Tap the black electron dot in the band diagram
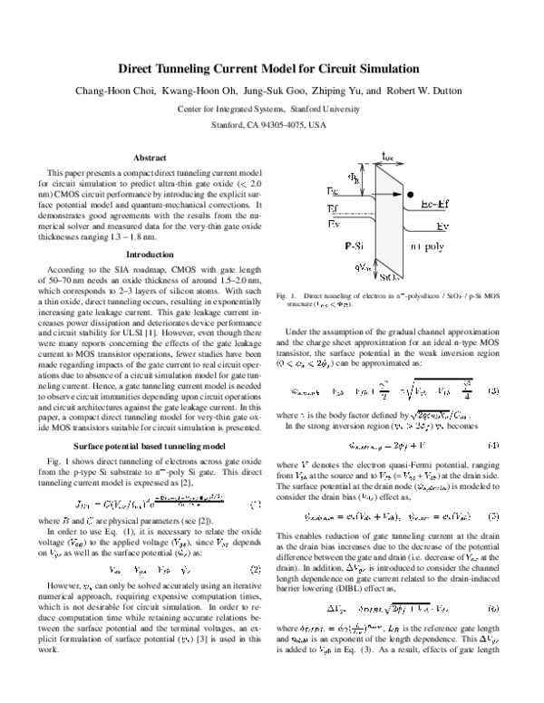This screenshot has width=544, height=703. coord(411,194)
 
